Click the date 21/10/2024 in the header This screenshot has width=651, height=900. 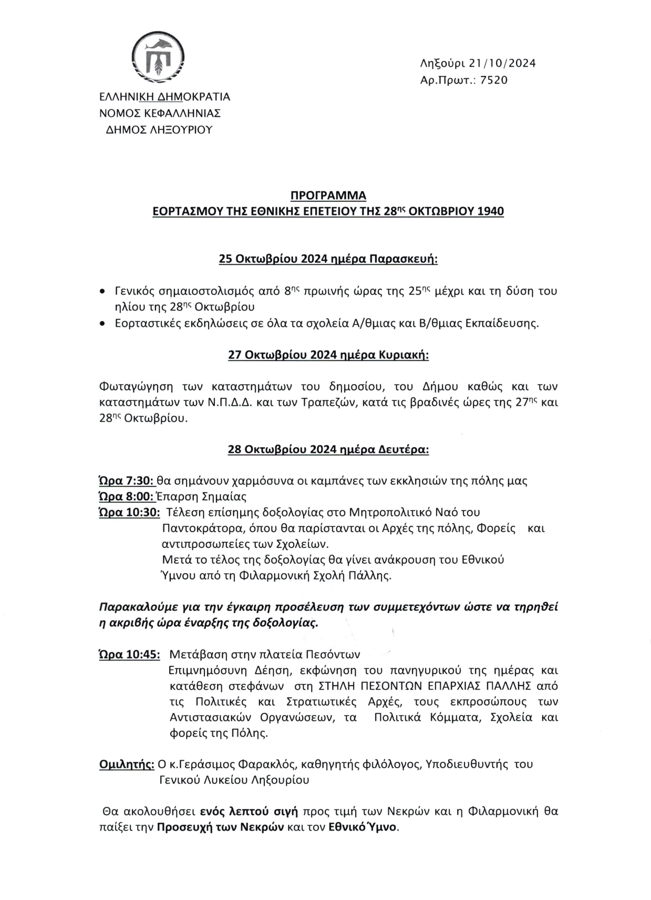502,64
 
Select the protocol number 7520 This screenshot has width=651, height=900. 494,80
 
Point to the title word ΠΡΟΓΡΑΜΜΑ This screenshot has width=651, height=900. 328,196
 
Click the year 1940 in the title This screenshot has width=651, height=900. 490,212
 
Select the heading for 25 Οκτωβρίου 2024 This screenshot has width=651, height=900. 328,260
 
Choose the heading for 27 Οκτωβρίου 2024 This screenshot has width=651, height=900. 328,355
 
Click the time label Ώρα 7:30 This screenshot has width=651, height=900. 126,481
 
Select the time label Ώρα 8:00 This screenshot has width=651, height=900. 126,496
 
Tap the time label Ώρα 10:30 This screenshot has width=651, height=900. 129,512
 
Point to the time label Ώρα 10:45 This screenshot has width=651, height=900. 129,655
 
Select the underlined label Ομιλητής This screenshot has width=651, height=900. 126,764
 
